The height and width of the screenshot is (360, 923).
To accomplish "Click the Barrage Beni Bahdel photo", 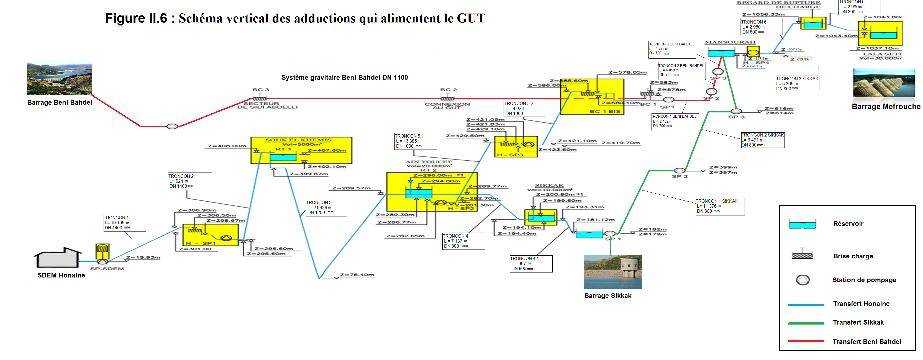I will click(x=60, y=79).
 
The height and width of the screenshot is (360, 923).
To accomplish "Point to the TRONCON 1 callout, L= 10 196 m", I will click(x=124, y=223).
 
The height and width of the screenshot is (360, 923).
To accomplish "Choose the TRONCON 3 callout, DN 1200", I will click(x=326, y=208).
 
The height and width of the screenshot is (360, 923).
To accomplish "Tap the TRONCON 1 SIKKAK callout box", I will click(x=720, y=206).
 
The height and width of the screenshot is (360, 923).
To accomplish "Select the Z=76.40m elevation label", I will click(x=357, y=275).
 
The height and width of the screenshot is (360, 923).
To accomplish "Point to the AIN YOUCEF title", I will click(x=429, y=162).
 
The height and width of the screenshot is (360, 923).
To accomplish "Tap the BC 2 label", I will click(x=448, y=89).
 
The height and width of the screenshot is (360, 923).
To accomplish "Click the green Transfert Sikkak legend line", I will click(x=806, y=323).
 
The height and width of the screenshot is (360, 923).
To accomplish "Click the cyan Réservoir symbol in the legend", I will click(x=802, y=225).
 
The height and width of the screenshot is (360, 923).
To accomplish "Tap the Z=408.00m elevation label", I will click(x=227, y=146).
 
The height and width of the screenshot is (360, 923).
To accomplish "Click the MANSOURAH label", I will click(x=730, y=42).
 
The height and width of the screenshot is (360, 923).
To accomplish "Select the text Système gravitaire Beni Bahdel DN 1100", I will click(x=344, y=77).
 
